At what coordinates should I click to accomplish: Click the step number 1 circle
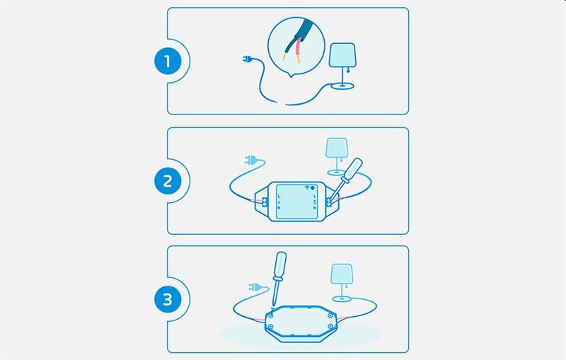coord(167,61)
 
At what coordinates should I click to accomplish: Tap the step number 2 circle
coord(167,180)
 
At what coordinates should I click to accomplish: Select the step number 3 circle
coord(167,298)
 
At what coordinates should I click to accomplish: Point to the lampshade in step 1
coord(345,54)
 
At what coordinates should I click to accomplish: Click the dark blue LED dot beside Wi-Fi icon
coord(316,189)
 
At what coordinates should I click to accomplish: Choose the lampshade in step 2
coord(335,147)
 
